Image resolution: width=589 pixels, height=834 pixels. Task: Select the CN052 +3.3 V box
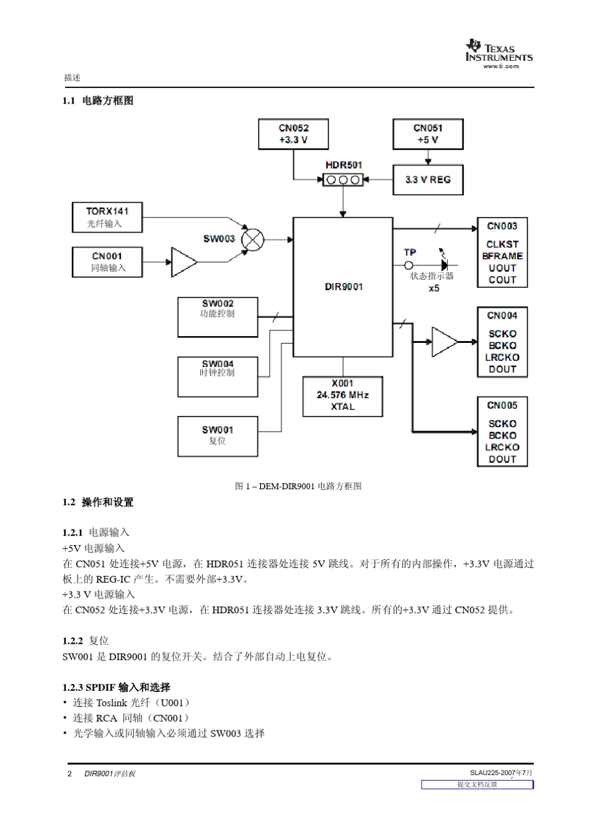(x=293, y=134)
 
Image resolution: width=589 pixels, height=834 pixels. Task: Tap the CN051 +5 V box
(x=428, y=134)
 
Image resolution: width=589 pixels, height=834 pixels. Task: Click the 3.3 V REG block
(x=428, y=180)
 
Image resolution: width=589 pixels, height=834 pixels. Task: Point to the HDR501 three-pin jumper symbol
(x=343, y=180)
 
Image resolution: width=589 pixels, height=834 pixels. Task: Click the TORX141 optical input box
(x=107, y=218)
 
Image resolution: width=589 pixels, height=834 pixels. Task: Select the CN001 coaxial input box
(x=107, y=262)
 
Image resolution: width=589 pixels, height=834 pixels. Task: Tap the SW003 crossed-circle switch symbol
(x=252, y=239)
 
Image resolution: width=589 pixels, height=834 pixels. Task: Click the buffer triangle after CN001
(x=182, y=262)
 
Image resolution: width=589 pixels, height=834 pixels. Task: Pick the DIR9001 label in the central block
(x=343, y=286)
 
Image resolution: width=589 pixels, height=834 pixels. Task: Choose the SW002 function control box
(x=218, y=317)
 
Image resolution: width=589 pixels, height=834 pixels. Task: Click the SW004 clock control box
(x=218, y=376)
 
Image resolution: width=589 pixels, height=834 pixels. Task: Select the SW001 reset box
(x=218, y=436)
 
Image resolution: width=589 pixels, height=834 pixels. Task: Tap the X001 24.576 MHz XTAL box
(x=342, y=396)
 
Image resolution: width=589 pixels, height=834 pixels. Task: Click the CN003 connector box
(x=502, y=252)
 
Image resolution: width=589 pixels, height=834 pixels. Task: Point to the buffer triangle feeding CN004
(x=443, y=342)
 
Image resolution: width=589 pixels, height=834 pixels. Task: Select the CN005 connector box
(x=502, y=432)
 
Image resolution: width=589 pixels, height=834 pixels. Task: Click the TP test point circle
(x=409, y=265)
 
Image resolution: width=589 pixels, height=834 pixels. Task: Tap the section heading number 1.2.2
(x=73, y=641)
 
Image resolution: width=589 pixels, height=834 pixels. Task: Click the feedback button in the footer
(x=477, y=784)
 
